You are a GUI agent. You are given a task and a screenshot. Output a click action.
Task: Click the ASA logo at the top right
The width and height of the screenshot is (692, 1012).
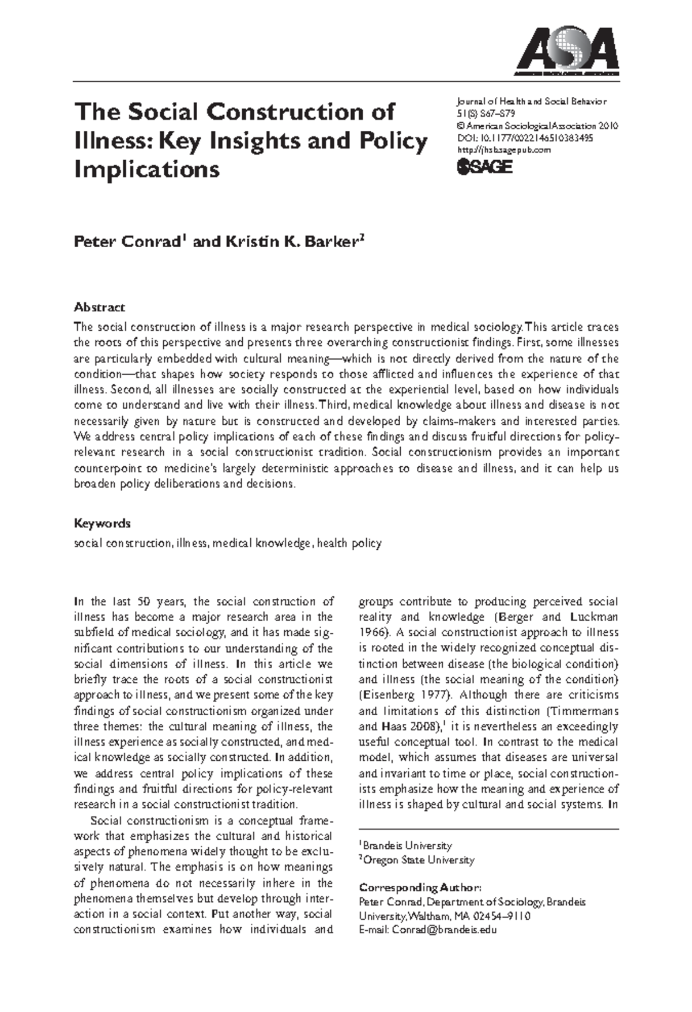pos(567,51)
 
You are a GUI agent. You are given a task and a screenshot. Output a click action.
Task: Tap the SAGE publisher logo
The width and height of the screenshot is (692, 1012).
pos(484,167)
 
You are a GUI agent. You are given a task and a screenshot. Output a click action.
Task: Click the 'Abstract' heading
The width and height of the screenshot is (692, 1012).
pos(99,307)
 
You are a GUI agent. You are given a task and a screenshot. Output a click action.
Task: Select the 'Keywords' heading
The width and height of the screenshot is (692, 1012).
pos(102,523)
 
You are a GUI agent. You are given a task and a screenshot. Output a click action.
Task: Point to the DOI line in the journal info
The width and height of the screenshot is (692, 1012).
pos(525,138)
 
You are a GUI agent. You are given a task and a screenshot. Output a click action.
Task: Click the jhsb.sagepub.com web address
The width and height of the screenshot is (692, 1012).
pos(503,150)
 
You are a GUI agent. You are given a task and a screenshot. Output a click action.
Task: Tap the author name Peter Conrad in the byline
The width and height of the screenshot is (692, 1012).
pos(127,241)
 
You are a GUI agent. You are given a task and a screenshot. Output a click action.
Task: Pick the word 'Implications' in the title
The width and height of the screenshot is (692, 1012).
pos(147,169)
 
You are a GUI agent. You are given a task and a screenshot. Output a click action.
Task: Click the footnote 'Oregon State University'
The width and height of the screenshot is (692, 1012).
pos(418,860)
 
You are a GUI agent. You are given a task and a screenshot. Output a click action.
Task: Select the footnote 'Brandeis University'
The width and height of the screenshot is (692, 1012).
pos(407,845)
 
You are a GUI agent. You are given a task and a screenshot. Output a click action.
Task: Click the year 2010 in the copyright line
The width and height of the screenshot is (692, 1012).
pos(608,126)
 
